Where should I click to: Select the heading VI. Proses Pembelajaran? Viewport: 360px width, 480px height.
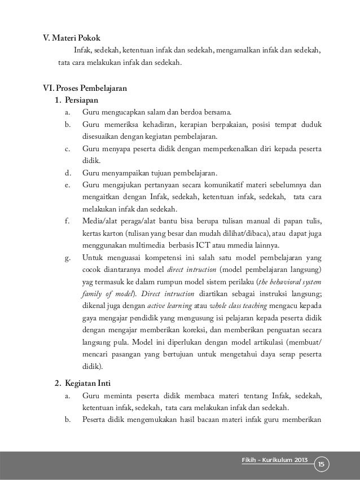coord(81,89)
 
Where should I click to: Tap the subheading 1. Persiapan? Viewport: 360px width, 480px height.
coord(74,100)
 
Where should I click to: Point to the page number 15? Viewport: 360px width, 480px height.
coord(322,464)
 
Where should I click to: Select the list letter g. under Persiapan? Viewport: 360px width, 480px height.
coord(67,258)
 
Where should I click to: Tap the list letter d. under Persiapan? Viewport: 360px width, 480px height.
coord(67,173)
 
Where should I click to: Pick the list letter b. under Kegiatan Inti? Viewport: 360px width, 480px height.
coord(67,419)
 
